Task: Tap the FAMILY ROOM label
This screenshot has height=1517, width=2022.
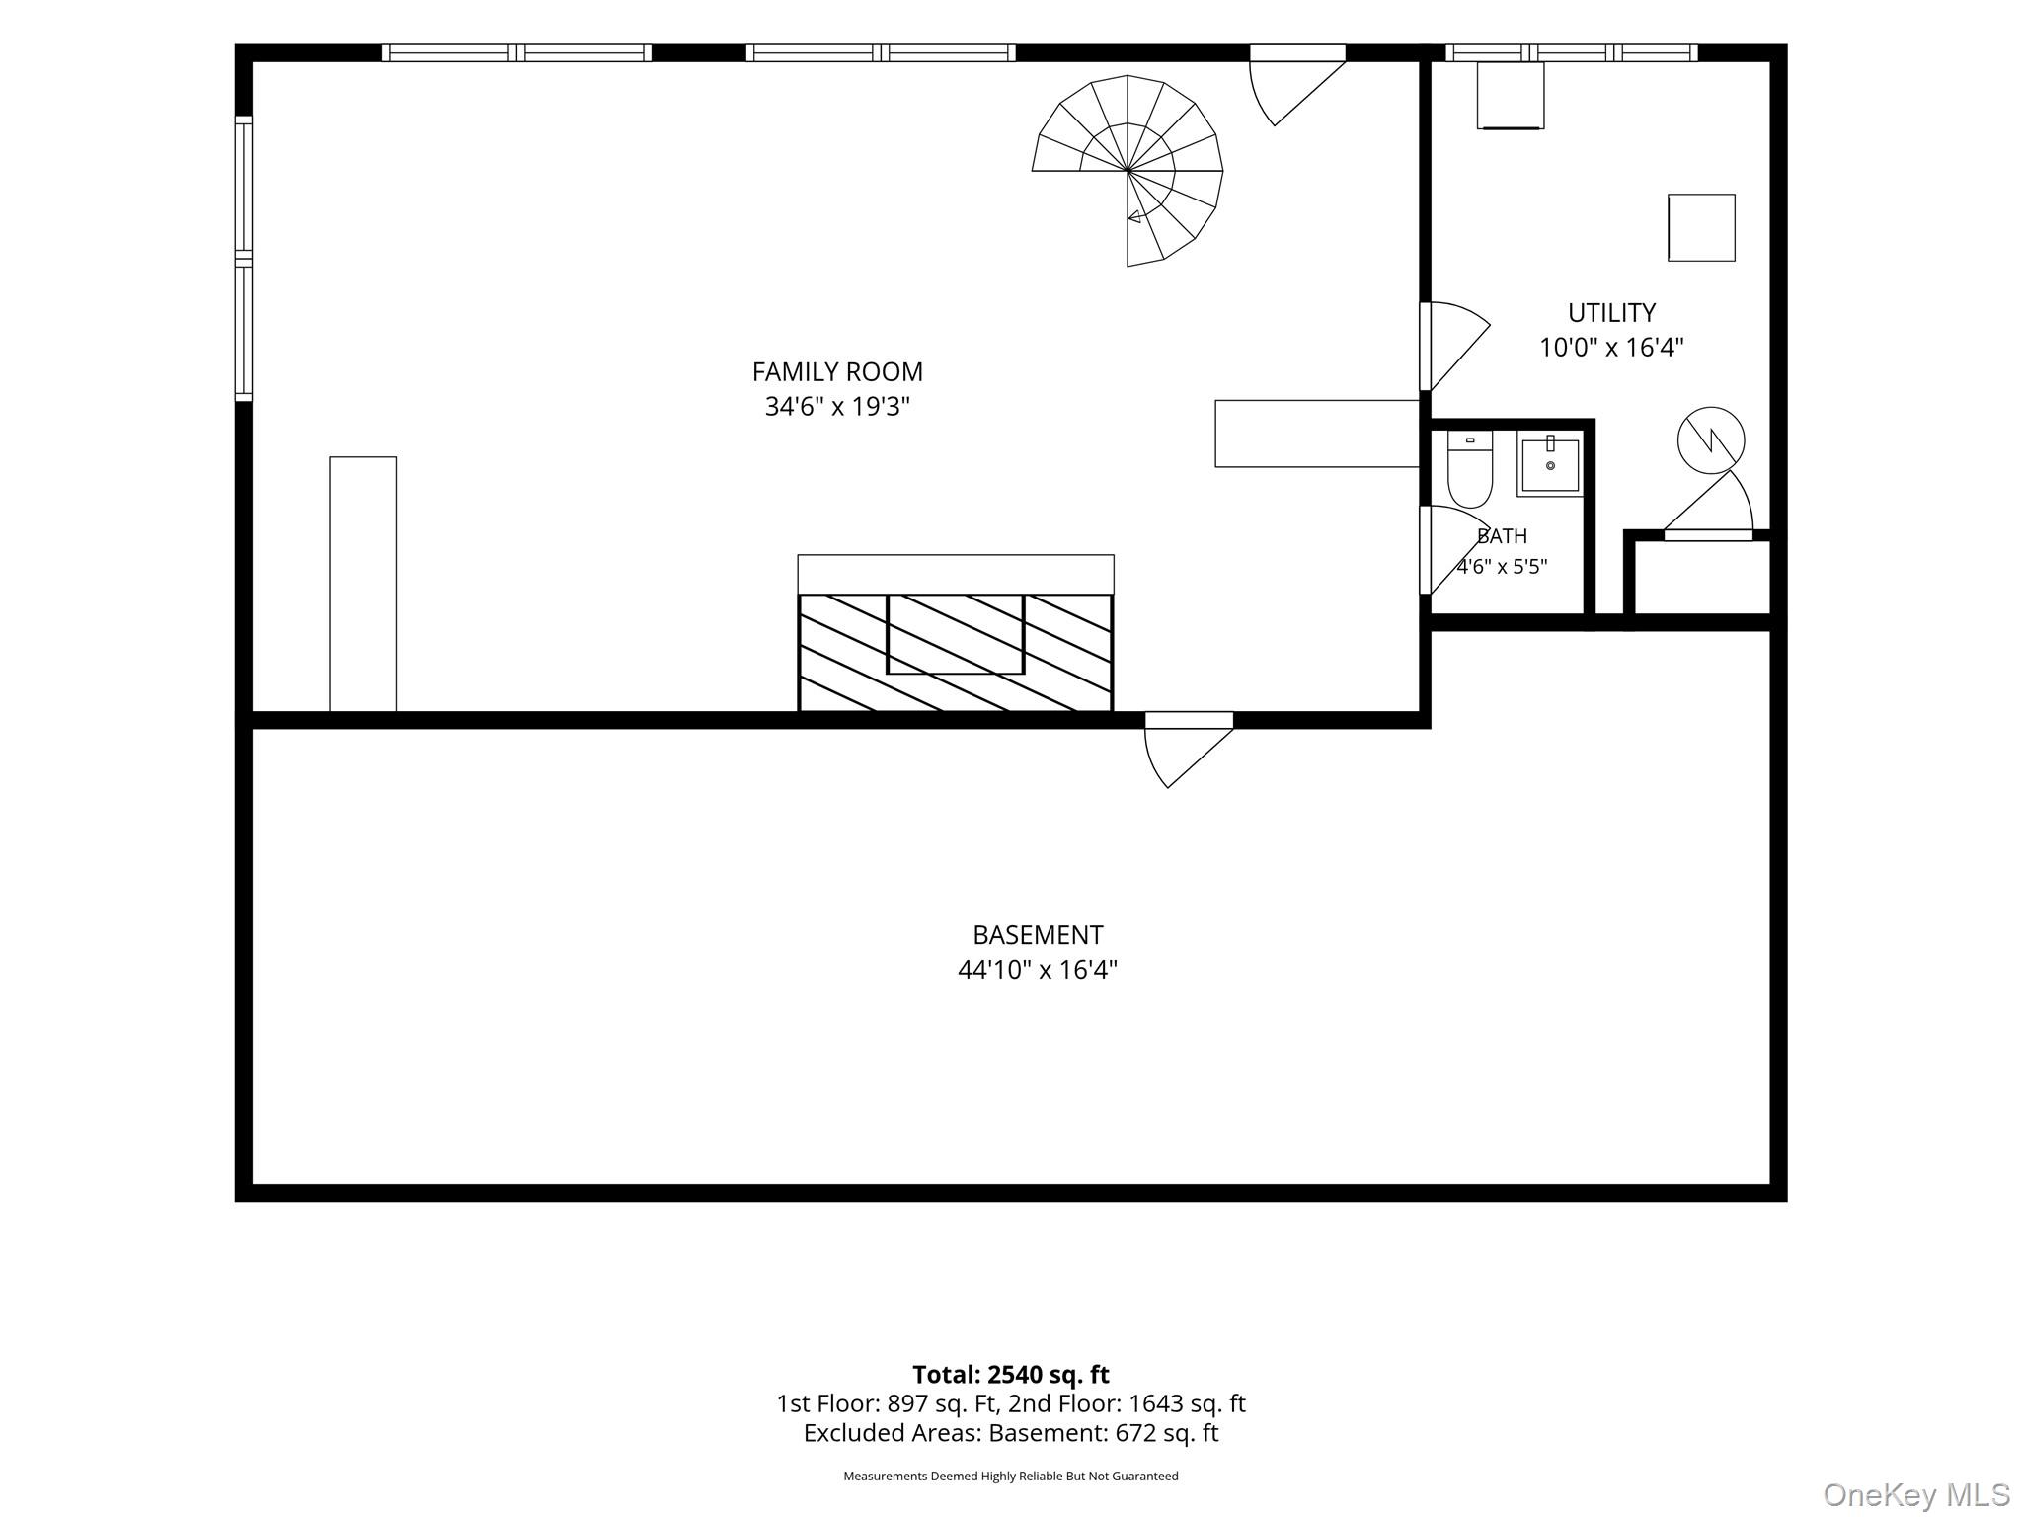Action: point(837,372)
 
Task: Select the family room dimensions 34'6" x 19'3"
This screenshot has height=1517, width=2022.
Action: point(837,407)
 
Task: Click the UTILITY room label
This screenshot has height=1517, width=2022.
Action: point(1611,313)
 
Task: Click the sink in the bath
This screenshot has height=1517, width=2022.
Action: point(1550,464)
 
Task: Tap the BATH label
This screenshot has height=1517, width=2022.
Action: point(1502,536)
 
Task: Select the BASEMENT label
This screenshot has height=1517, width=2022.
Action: point(1038,935)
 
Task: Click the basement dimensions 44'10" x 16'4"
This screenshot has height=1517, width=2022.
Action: point(1038,970)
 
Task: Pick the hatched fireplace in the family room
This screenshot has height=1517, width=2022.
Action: point(956,652)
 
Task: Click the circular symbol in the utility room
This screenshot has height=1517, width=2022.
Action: point(1711,439)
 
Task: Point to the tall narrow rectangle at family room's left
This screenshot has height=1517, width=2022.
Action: point(363,584)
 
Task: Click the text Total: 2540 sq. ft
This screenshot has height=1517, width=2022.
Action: point(1011,1375)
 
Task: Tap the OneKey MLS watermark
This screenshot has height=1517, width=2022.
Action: point(1916,1494)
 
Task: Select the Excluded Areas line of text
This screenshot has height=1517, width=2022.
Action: point(1011,1433)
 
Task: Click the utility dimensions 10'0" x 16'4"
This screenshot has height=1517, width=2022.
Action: point(1611,348)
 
